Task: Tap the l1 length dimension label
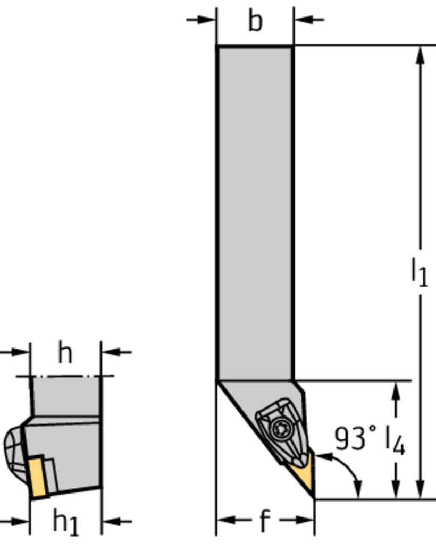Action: click(x=420, y=273)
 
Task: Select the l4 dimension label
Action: click(x=395, y=440)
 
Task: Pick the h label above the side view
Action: click(x=65, y=353)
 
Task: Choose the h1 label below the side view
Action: click(x=65, y=522)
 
